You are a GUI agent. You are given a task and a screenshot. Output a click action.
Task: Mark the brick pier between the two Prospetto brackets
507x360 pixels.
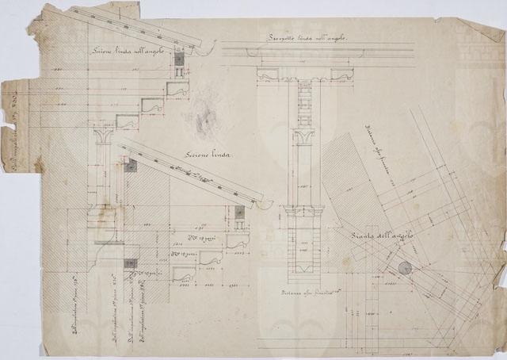tap(302, 101)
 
